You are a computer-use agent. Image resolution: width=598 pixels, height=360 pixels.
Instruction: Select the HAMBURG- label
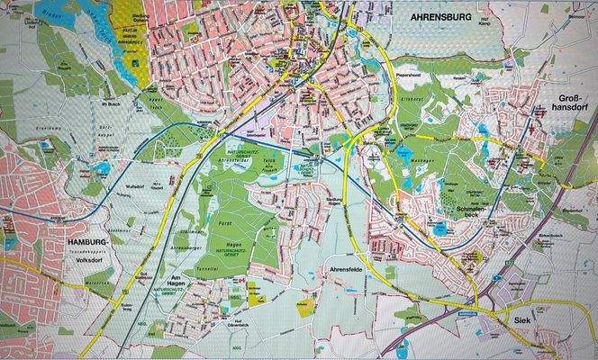(91, 243)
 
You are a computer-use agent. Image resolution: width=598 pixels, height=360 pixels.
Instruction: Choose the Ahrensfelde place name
(340, 269)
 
